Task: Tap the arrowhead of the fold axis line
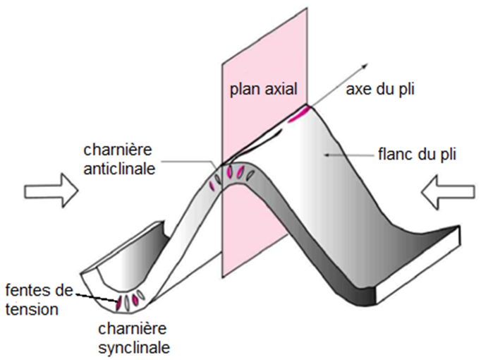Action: [365, 65]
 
